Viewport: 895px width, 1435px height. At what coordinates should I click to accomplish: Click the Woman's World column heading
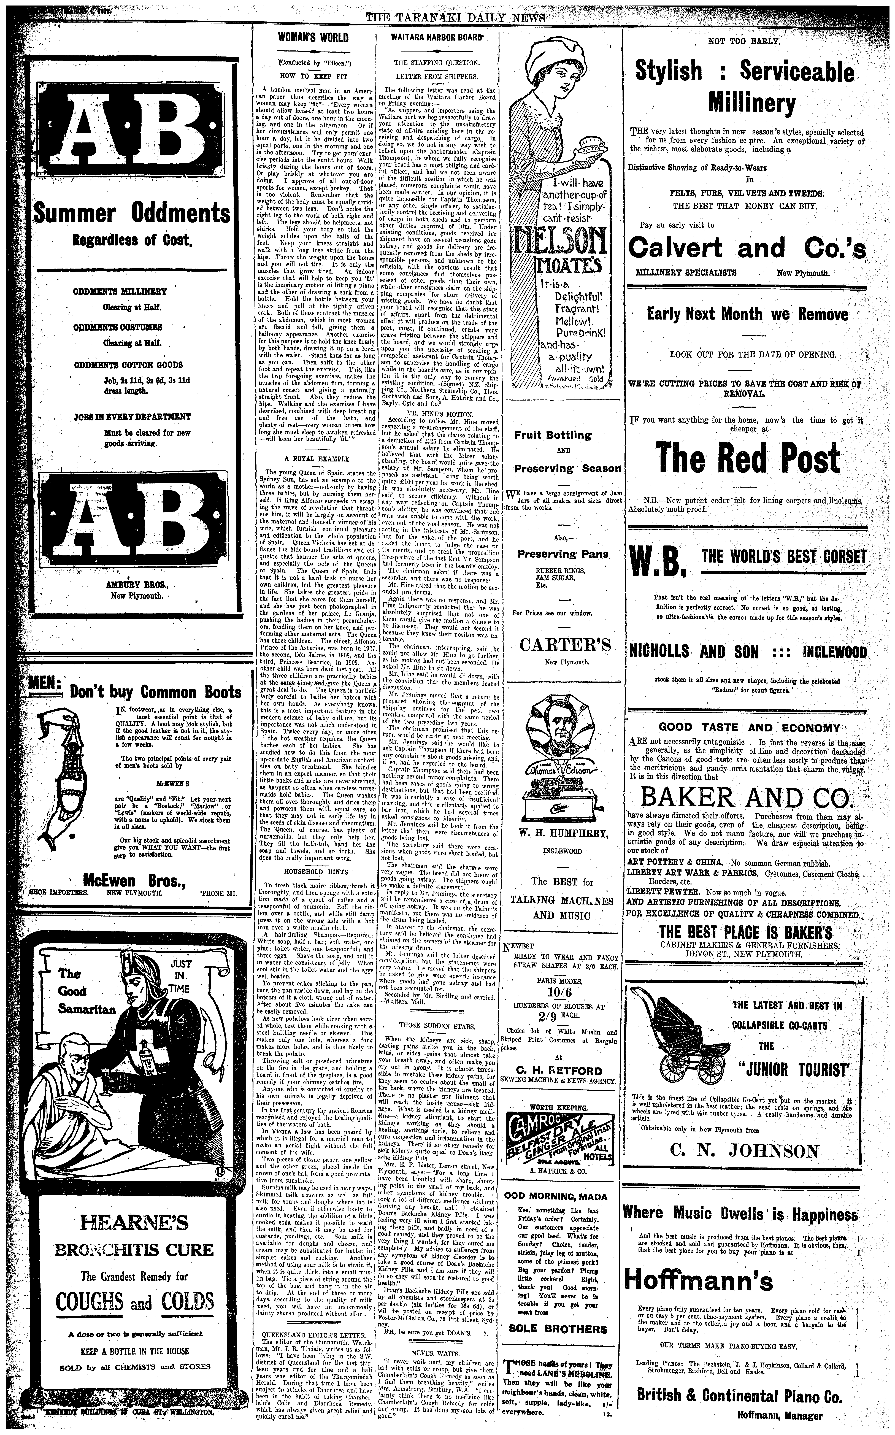point(313,38)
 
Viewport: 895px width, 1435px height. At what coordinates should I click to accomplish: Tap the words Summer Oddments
point(131,212)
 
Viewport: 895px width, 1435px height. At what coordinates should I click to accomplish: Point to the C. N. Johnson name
point(745,1151)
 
